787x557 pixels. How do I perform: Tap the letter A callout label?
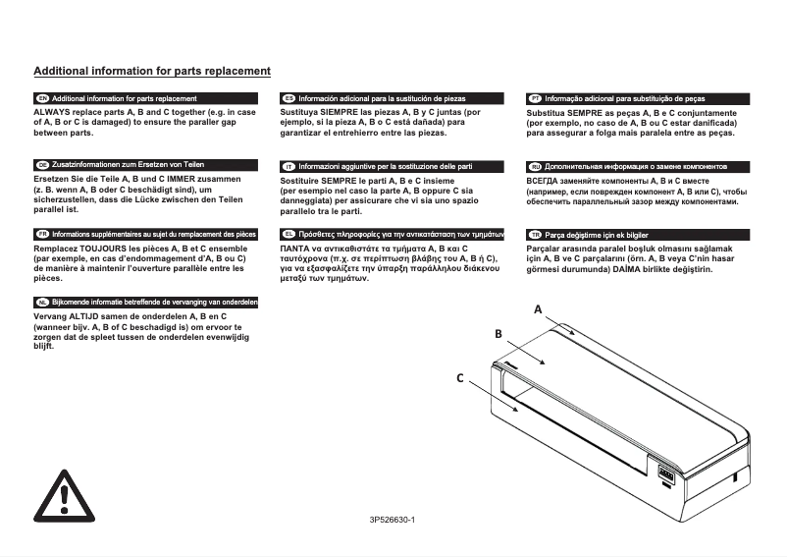click(538, 309)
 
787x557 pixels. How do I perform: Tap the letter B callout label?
click(498, 335)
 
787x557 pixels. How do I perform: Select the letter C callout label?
click(458, 377)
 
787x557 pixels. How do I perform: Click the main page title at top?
click(152, 72)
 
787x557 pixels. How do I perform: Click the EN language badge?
click(42, 99)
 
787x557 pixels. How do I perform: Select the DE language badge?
click(42, 164)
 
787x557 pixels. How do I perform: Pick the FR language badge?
click(42, 235)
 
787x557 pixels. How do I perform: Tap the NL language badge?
click(42, 302)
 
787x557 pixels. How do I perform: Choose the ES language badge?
click(289, 99)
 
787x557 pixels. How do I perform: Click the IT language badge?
click(289, 166)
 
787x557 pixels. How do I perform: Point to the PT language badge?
click(535, 99)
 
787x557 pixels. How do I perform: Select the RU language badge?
click(535, 166)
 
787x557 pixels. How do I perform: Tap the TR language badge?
click(535, 235)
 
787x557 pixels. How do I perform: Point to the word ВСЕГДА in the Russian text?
click(546, 182)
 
